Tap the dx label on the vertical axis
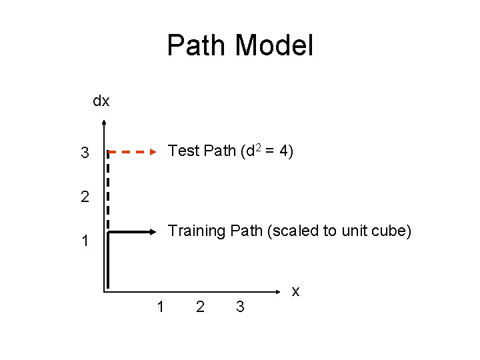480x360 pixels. pyautogui.click(x=101, y=101)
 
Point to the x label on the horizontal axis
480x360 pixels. pyautogui.click(x=296, y=291)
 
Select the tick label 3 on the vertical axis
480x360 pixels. pyautogui.click(x=85, y=153)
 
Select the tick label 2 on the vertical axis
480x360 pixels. pyautogui.click(x=85, y=197)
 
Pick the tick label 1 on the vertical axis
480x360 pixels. pyautogui.click(x=85, y=241)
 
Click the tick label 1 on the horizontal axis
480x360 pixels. pyautogui.click(x=160, y=307)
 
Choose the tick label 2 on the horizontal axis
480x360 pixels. pyautogui.click(x=200, y=307)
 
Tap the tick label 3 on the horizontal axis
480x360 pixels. pyautogui.click(x=241, y=307)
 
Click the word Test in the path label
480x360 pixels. pyautogui.click(x=184, y=151)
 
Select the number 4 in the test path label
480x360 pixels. pyautogui.click(x=284, y=151)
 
